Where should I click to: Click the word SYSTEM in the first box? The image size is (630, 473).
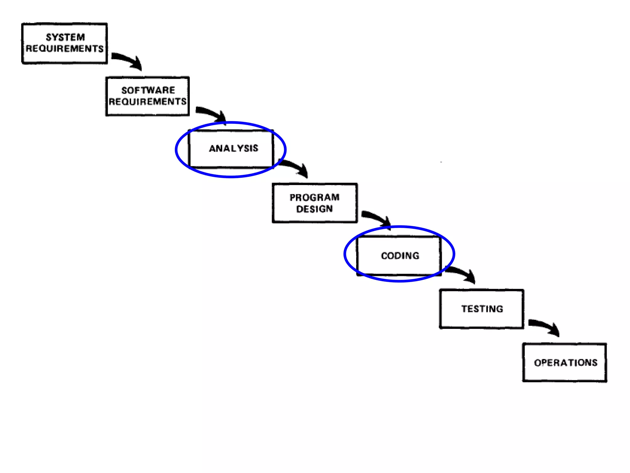(x=65, y=37)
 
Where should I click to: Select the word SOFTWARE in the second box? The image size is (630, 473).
(x=148, y=90)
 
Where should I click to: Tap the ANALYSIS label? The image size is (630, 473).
(x=233, y=148)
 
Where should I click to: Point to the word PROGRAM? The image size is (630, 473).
(x=314, y=197)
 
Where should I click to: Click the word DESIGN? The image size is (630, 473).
(x=314, y=209)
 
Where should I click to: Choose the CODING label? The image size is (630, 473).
(x=400, y=256)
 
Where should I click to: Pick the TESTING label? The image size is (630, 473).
(x=482, y=309)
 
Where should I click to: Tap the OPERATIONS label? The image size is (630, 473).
(x=565, y=363)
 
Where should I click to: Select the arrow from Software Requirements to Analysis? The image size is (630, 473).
(x=213, y=114)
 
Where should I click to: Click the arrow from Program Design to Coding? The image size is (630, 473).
(x=378, y=218)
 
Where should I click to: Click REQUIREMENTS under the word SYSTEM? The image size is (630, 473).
(x=65, y=49)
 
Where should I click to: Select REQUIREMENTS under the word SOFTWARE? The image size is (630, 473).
(x=148, y=102)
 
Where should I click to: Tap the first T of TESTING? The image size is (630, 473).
(x=464, y=309)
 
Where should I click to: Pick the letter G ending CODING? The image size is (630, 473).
(x=416, y=256)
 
